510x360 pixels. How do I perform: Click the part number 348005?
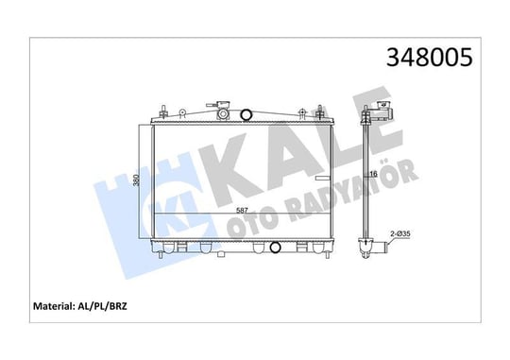(x=429, y=58)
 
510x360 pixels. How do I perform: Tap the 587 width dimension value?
(x=242, y=211)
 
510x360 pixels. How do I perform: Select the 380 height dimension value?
(x=137, y=180)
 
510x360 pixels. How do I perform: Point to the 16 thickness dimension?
(x=374, y=174)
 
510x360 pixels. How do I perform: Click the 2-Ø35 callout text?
(x=400, y=233)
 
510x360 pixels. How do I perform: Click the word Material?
(x=52, y=306)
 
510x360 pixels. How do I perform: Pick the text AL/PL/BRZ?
(x=101, y=306)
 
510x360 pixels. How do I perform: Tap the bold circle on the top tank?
(x=246, y=114)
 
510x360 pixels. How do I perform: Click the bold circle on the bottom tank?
(x=275, y=248)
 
